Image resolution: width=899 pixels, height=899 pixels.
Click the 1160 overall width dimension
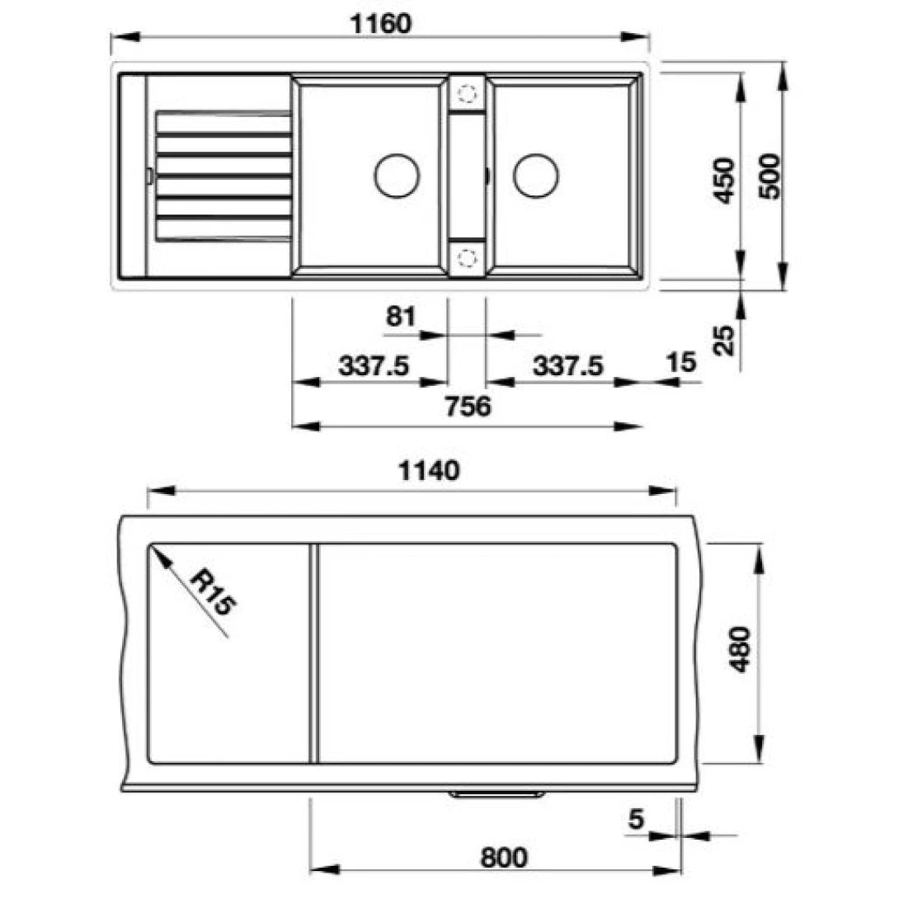click(x=380, y=24)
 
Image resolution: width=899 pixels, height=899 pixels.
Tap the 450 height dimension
click(x=725, y=180)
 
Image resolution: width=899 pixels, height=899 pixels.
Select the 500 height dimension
click(x=770, y=176)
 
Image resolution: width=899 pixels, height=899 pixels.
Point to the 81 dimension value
click(x=400, y=316)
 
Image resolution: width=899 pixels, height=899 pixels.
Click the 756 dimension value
click(x=468, y=406)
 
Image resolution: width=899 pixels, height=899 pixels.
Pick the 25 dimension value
click(x=725, y=340)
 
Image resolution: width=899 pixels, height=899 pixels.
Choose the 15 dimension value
click(x=681, y=362)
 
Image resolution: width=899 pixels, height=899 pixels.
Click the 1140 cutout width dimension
click(x=428, y=471)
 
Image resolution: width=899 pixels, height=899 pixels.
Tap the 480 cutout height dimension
click(x=741, y=650)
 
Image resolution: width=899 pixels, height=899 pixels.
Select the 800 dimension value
click(x=503, y=858)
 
